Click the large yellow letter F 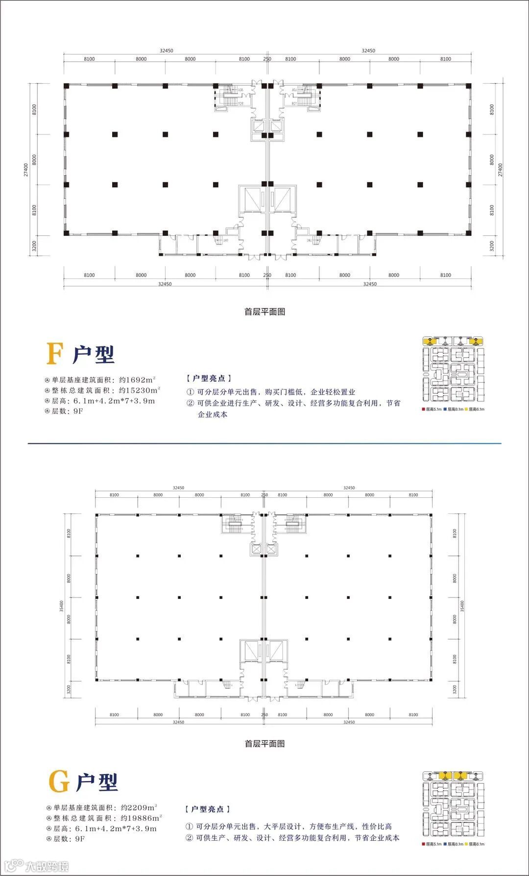point(54,354)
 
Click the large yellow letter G point(59,782)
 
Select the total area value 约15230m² point(140,391)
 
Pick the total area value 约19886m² point(141,818)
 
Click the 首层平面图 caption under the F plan point(264,312)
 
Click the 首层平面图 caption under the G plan point(264,743)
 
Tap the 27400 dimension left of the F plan point(26,170)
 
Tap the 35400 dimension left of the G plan point(61,606)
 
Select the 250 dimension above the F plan point(267,59)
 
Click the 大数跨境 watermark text point(47,866)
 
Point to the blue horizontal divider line point(264,443)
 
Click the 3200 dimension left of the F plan point(34,246)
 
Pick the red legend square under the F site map point(423,409)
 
